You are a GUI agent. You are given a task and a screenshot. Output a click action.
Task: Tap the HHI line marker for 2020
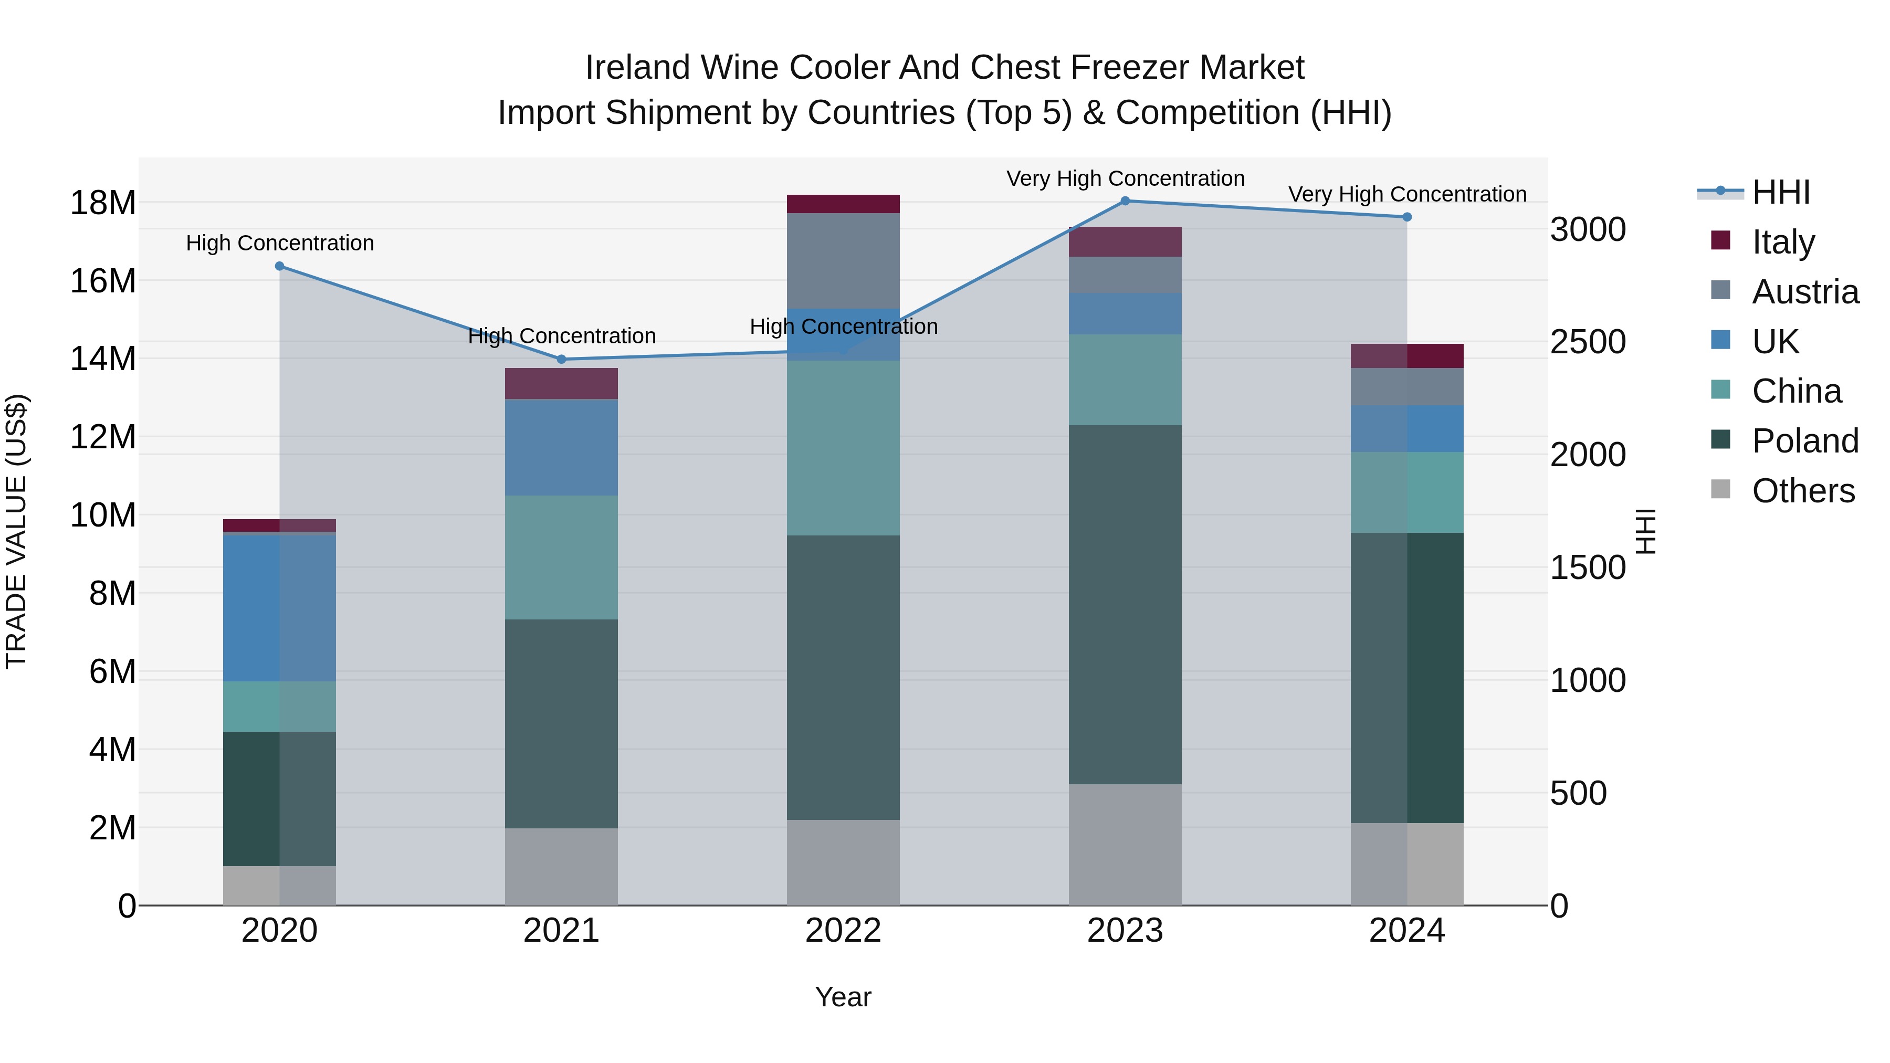(x=279, y=266)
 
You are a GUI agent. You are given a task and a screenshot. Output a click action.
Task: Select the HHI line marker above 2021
(x=561, y=360)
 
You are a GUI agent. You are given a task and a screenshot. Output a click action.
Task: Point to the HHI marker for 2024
(x=1406, y=217)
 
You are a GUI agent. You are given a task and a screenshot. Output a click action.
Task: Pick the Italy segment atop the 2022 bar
(x=843, y=204)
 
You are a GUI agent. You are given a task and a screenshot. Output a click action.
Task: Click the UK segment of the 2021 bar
(x=561, y=447)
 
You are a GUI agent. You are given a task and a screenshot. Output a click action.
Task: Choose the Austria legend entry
(x=1805, y=292)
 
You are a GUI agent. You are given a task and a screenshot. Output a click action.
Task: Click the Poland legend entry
(x=1805, y=441)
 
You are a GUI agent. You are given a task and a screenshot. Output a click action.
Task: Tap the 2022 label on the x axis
(x=843, y=931)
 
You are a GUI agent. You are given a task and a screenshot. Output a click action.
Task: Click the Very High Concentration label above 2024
(x=1406, y=194)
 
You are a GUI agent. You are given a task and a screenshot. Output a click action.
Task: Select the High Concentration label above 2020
(x=279, y=243)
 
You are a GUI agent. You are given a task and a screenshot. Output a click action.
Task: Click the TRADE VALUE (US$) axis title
(x=16, y=531)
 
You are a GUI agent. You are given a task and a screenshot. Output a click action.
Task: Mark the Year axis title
(x=843, y=997)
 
